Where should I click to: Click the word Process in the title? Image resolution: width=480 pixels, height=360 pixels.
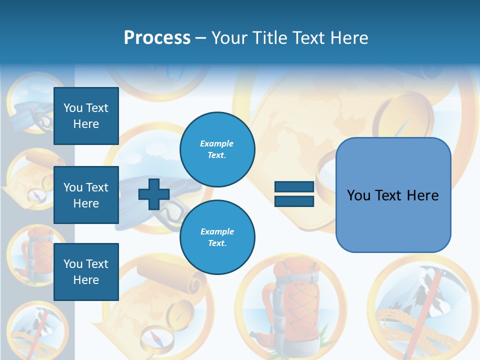point(157,38)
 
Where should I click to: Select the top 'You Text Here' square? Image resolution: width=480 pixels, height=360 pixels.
point(86,116)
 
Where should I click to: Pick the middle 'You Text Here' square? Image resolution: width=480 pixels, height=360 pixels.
point(86,195)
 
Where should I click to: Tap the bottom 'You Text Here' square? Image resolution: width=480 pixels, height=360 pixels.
point(86,271)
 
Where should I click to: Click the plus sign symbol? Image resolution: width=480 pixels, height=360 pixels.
point(154,194)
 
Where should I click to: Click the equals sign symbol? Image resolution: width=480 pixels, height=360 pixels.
point(294,194)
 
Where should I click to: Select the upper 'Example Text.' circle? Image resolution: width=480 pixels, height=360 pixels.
point(217,149)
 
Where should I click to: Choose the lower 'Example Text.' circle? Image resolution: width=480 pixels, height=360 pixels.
point(217,237)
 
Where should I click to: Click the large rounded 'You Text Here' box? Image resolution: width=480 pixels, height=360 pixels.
point(393,195)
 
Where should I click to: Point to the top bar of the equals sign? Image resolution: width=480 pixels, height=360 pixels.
point(294,187)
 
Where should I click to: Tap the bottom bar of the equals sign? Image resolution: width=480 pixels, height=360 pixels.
point(294,201)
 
